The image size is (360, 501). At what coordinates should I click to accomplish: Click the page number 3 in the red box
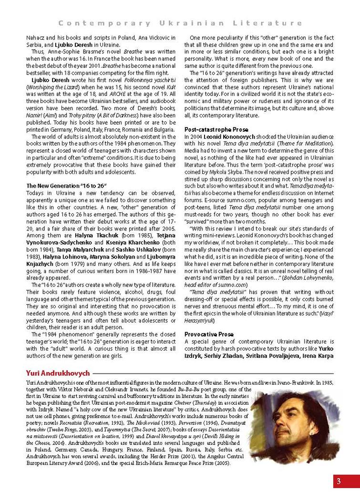point(339,480)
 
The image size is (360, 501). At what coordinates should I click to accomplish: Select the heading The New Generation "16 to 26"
point(66,186)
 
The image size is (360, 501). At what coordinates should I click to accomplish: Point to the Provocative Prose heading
point(209,334)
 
